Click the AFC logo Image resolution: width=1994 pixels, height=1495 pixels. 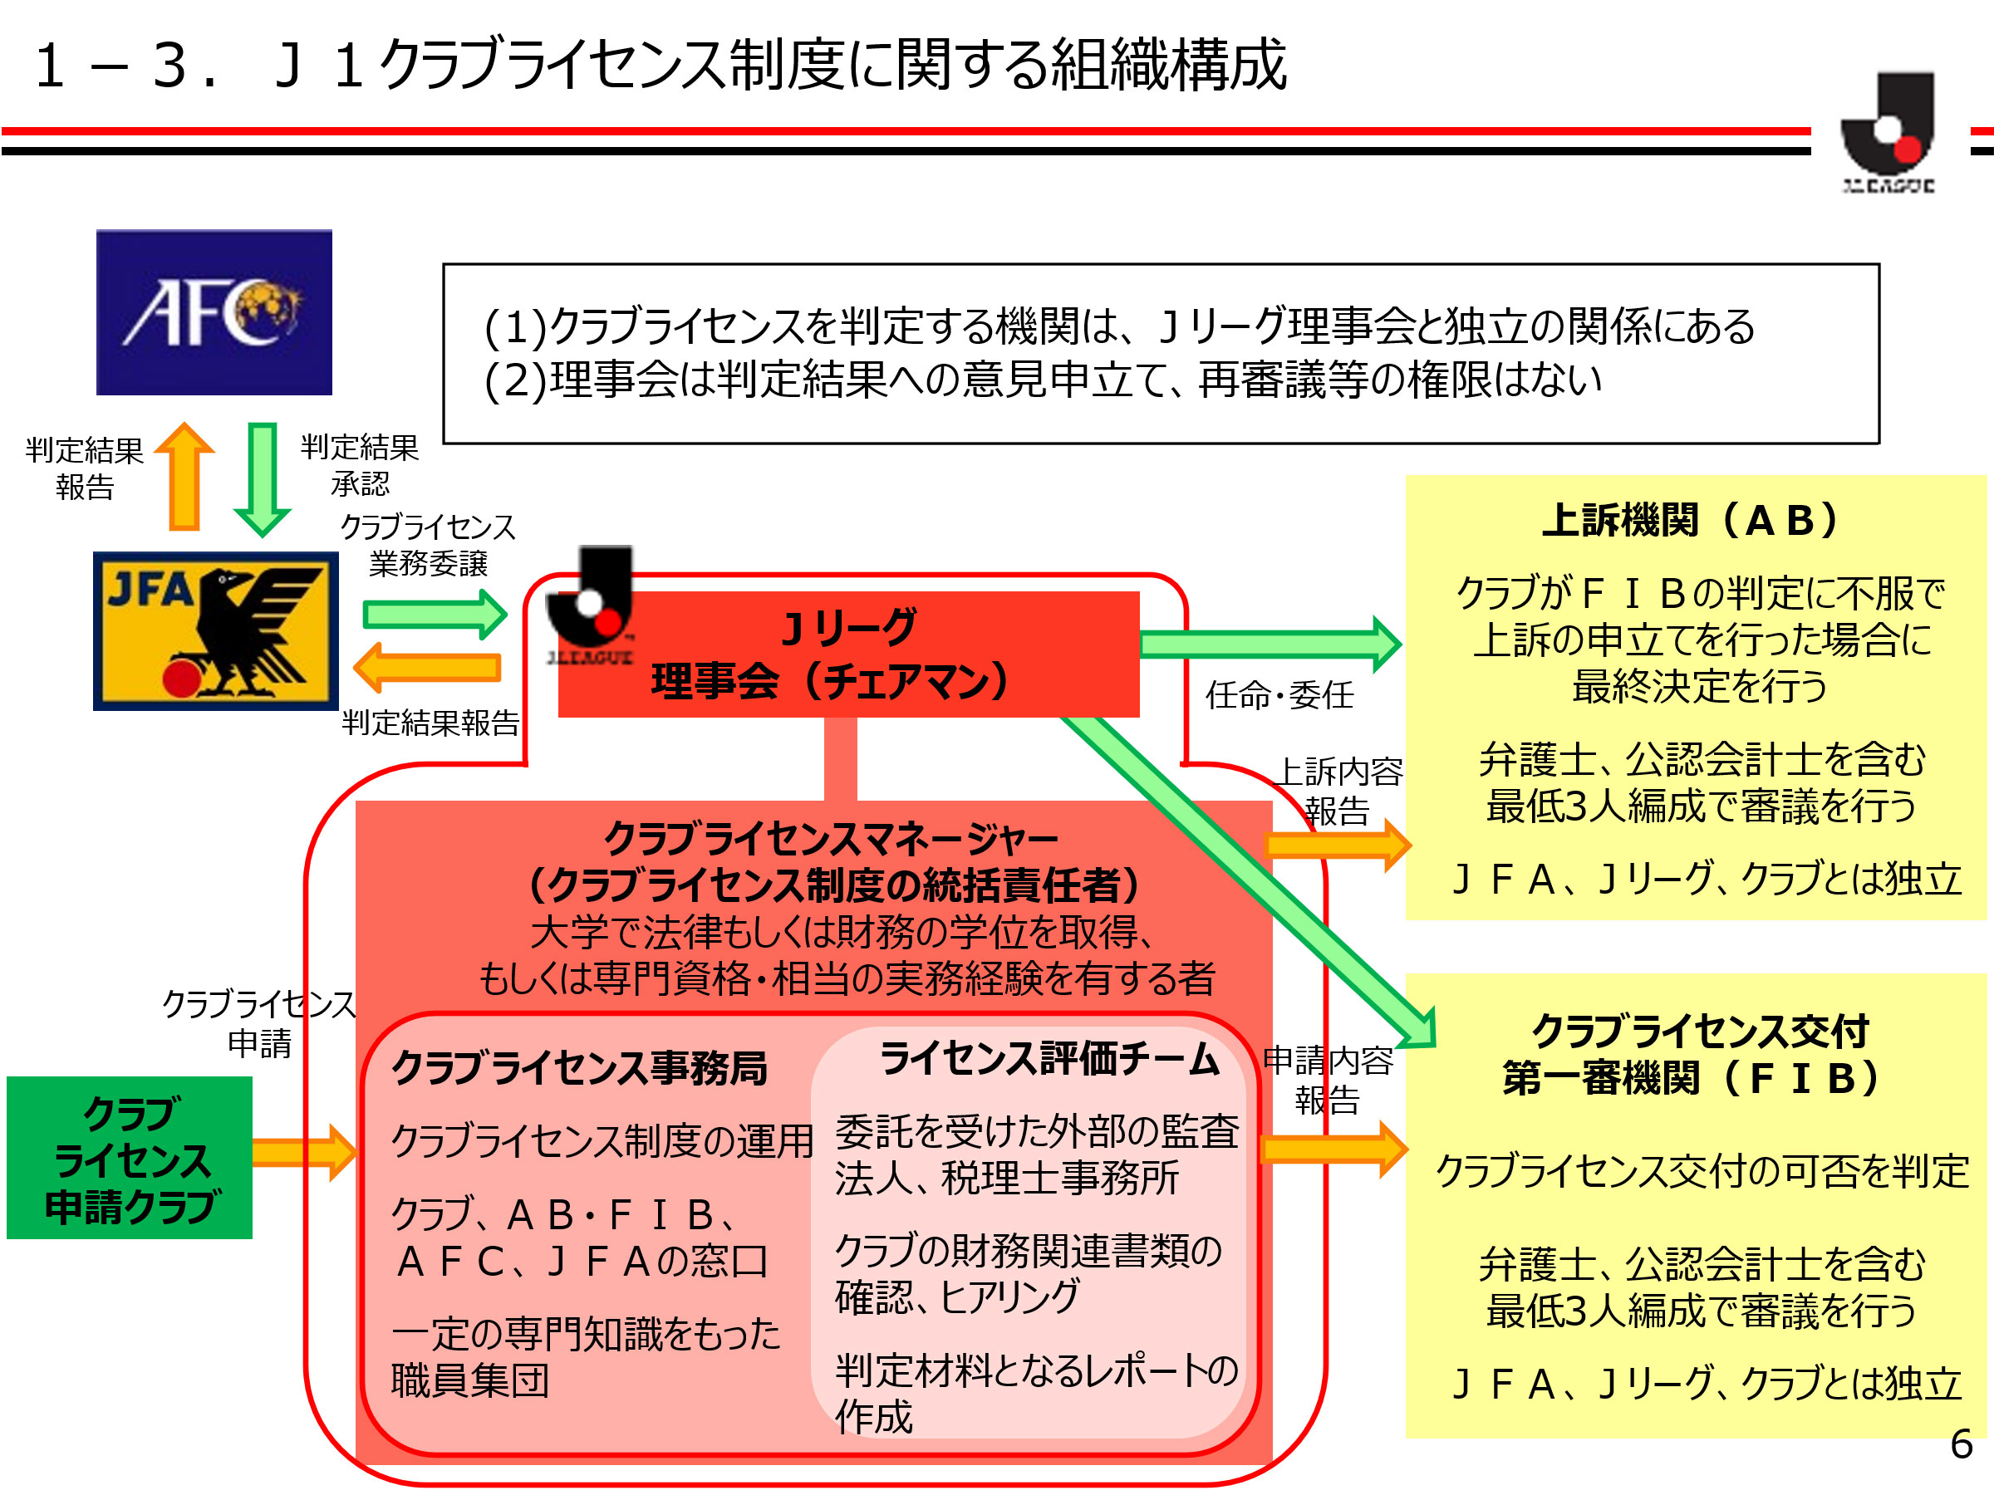[x=214, y=311]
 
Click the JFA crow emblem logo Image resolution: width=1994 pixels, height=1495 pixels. [x=215, y=630]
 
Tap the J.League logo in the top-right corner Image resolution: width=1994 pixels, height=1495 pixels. [x=1888, y=130]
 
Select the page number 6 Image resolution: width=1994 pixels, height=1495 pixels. [x=1961, y=1444]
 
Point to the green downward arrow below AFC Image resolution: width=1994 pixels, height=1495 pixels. [x=263, y=478]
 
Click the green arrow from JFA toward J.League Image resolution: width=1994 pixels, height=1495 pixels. [x=435, y=615]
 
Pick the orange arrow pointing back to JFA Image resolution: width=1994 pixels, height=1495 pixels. [x=426, y=668]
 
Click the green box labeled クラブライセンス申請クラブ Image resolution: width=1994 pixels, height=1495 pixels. [x=129, y=1157]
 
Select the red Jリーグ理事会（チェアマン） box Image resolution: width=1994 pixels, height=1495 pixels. [x=847, y=654]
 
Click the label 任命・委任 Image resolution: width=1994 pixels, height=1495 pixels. [x=1279, y=695]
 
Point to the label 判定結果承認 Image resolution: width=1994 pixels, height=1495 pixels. [x=360, y=465]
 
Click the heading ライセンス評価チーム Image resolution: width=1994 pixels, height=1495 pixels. [x=1049, y=1058]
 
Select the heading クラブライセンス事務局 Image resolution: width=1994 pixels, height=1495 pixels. [x=579, y=1068]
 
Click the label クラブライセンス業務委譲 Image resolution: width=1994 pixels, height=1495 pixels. [x=427, y=545]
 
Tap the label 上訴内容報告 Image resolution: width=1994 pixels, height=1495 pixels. [x=1339, y=791]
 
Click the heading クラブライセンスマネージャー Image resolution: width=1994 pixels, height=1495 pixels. [x=830, y=839]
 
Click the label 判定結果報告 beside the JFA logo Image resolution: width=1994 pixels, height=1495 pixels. [x=430, y=722]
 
